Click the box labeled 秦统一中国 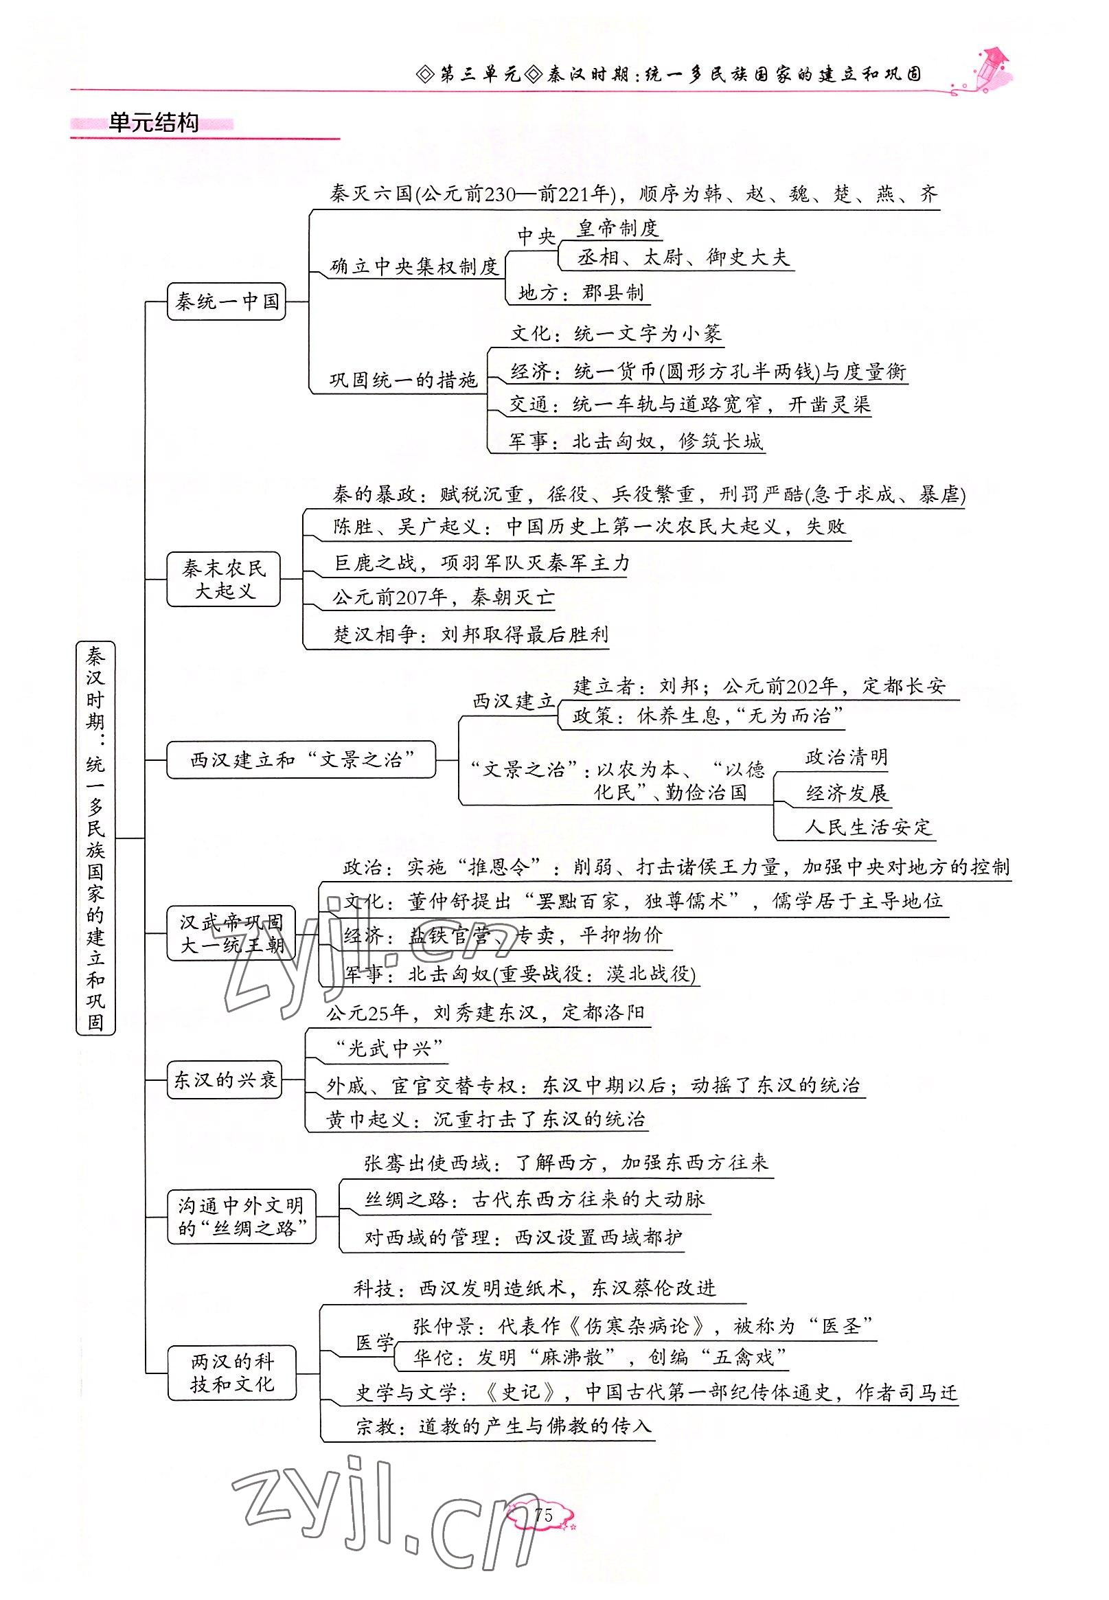pos(227,301)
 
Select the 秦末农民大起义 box pos(224,580)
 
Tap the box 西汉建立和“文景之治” pos(301,759)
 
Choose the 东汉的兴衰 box pos(225,1079)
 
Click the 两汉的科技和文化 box pos(232,1372)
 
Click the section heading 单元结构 pos(154,124)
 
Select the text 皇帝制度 pos(617,228)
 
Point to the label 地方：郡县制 pos(581,293)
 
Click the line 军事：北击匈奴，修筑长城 pos(635,441)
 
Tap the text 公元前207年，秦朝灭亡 pos(444,597)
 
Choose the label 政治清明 pos(846,757)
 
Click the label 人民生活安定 pos(867,827)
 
